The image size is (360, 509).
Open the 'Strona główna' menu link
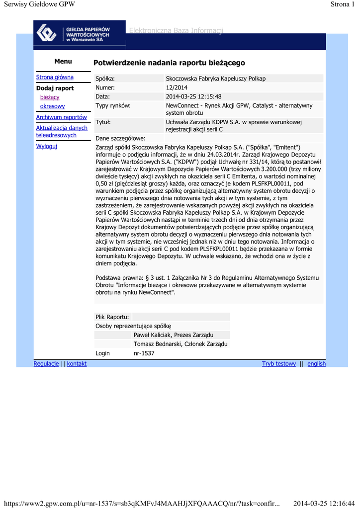click(x=55, y=77)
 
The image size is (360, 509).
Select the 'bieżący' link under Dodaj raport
click(x=50, y=97)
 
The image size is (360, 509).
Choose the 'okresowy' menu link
click(x=52, y=106)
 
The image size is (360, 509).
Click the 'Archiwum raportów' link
click(x=61, y=117)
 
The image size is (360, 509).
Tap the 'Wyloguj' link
click(x=47, y=146)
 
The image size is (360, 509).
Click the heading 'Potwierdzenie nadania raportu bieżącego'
click(x=169, y=63)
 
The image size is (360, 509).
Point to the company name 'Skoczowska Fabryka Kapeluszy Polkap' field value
click(x=215, y=79)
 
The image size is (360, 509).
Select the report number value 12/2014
click(x=177, y=87)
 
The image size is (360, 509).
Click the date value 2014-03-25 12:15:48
click(x=193, y=96)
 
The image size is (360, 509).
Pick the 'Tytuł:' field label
click(x=103, y=122)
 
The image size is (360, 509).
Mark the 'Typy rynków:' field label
click(x=113, y=105)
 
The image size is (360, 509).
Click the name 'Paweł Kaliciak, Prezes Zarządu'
click(x=174, y=335)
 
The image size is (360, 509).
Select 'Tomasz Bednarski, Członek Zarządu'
click(x=180, y=344)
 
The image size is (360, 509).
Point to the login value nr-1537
click(x=144, y=353)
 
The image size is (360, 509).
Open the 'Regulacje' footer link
click(x=46, y=364)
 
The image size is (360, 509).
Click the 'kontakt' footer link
click(x=77, y=364)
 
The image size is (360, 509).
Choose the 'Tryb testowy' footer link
click(x=278, y=364)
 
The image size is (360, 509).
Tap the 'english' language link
click(x=316, y=364)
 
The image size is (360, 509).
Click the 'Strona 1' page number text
click(x=343, y=4)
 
